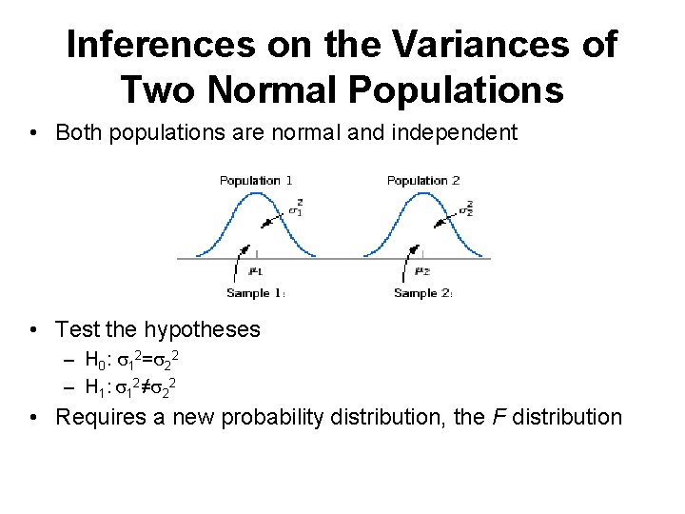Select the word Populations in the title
pos(456,89)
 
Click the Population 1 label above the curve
pos(256,181)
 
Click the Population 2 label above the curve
pos(423,181)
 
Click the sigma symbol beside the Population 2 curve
pos(466,208)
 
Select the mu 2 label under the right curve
pos(423,271)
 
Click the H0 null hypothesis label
pos(96,361)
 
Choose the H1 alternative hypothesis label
pos(96,387)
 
